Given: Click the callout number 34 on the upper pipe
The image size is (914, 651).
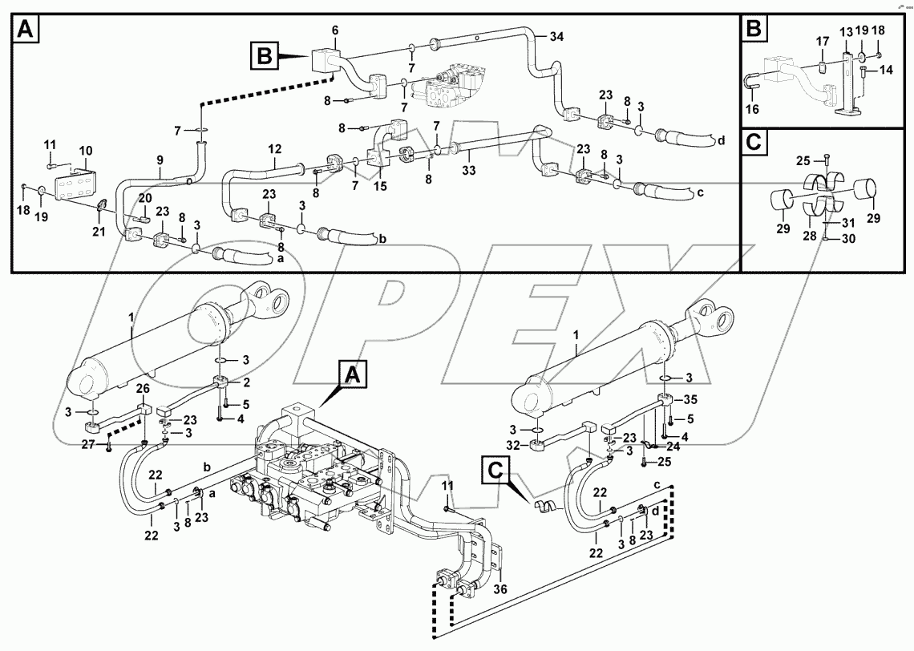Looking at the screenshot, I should (x=556, y=36).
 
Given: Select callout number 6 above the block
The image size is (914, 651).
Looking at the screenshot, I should (x=334, y=30).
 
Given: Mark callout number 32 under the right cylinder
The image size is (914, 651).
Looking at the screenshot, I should (x=514, y=444).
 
